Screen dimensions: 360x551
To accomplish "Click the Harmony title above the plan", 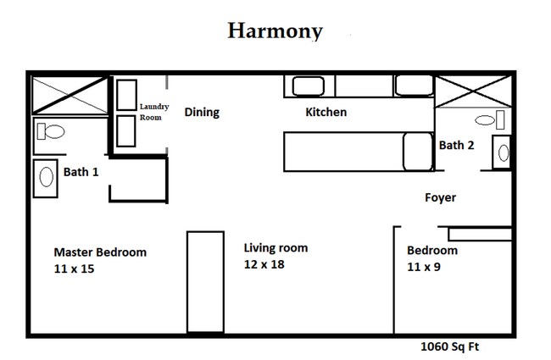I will click(x=275, y=31).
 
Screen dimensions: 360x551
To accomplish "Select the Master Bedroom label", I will click(x=100, y=252).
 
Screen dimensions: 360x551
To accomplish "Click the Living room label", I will click(x=275, y=248).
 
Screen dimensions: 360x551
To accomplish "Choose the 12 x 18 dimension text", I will click(x=264, y=264).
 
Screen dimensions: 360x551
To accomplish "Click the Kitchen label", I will click(x=326, y=112).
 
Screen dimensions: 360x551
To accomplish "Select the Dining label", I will click(x=202, y=112).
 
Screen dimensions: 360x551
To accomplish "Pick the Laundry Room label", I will click(x=155, y=112).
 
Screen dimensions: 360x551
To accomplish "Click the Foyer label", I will click(x=440, y=197).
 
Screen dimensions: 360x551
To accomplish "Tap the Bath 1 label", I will click(x=81, y=172).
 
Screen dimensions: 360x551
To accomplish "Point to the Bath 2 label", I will click(x=456, y=145).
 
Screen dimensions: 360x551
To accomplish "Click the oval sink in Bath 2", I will click(x=503, y=153).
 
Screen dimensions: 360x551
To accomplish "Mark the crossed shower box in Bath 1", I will click(x=70, y=95).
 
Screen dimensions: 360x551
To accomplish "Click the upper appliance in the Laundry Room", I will click(x=127, y=94).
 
